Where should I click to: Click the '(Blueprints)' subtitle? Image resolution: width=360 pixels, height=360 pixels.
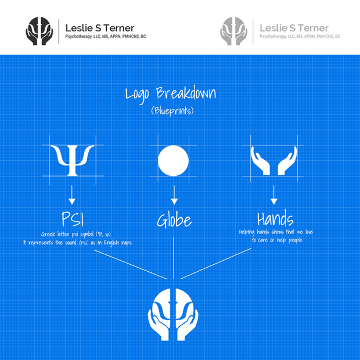175,110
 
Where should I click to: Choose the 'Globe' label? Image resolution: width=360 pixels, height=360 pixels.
174,221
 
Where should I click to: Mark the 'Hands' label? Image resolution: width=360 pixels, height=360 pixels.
275,219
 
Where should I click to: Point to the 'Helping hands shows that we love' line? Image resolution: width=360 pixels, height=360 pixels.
275,232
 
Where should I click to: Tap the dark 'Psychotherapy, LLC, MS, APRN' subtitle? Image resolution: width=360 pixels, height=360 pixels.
106,37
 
